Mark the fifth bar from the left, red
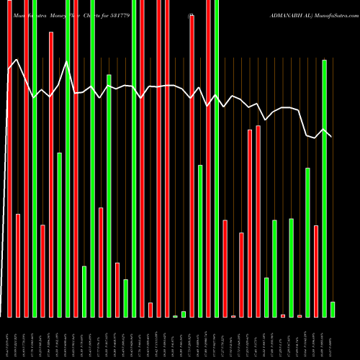point(42,271)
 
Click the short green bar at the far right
point(333,309)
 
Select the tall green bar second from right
point(325,188)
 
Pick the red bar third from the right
point(316,271)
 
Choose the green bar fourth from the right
point(307,242)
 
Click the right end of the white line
point(332,137)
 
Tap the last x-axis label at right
point(333,338)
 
